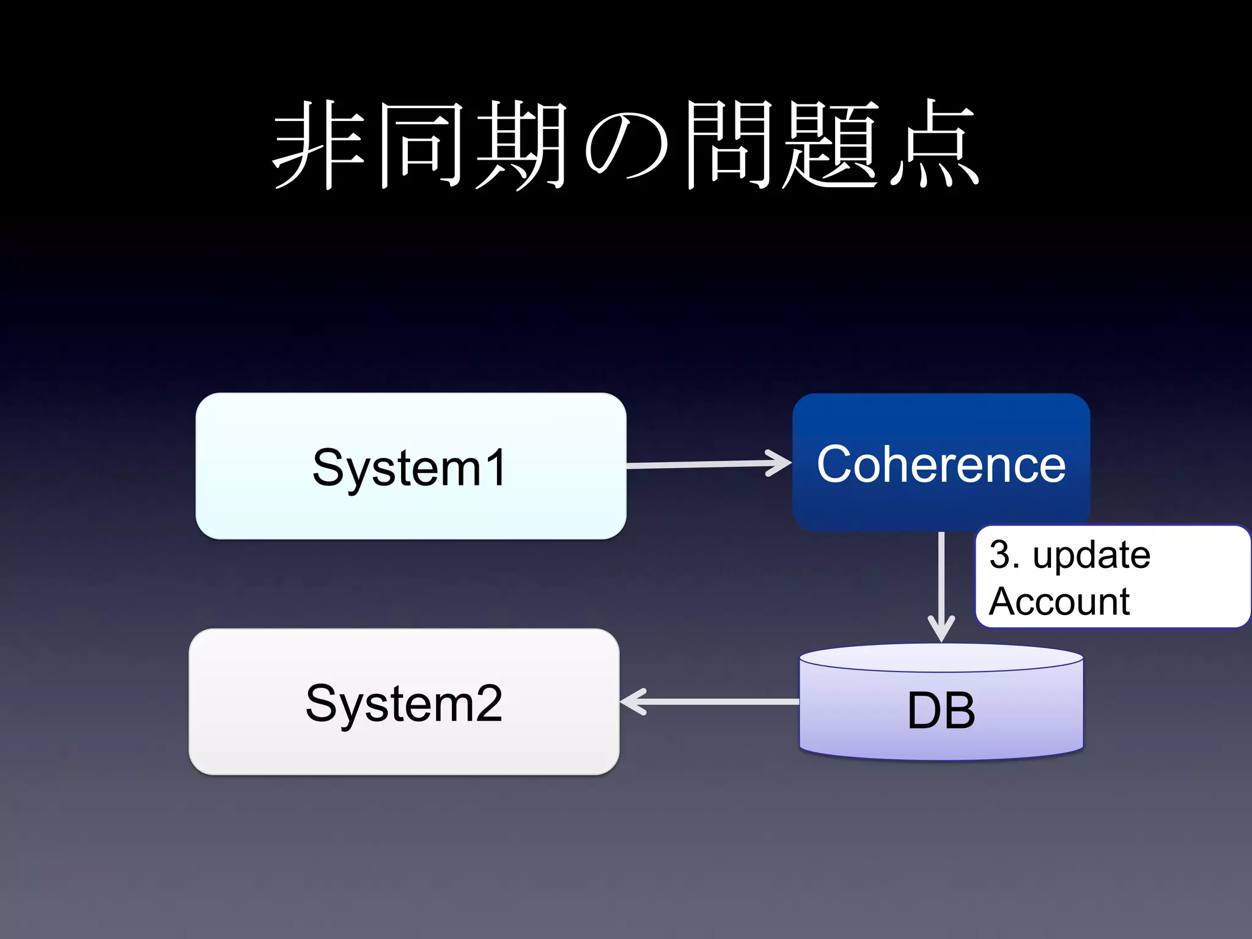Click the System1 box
[x=410, y=466]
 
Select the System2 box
[x=404, y=702]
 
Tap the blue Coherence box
[x=941, y=463]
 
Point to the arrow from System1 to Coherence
[x=703, y=465]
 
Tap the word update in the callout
[x=1091, y=555]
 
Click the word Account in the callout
[x=1059, y=602]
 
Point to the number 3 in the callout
[x=999, y=554]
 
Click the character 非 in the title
[x=319, y=145]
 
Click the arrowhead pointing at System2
[x=633, y=702]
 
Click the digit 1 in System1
[x=497, y=468]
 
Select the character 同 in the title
[x=420, y=145]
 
